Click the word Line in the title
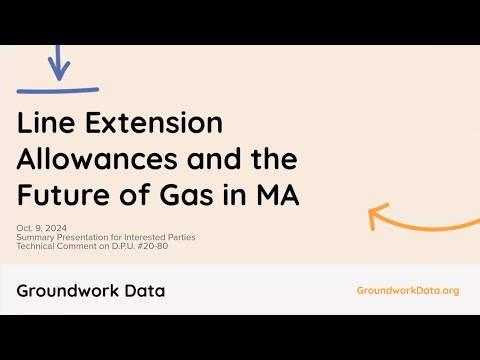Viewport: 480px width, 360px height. point(46,123)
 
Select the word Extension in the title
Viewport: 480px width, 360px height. point(154,123)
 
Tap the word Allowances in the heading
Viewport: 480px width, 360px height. point(97,159)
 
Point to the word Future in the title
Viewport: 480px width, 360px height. point(63,195)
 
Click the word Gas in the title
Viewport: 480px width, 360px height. point(187,195)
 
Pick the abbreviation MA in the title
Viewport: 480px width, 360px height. point(278,195)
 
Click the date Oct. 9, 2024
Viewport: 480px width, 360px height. point(42,228)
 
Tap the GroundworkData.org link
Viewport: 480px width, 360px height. point(408,291)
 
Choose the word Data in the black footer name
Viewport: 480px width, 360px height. point(145,291)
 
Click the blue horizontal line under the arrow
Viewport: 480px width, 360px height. point(58,90)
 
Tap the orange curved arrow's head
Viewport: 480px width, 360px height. point(377,216)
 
